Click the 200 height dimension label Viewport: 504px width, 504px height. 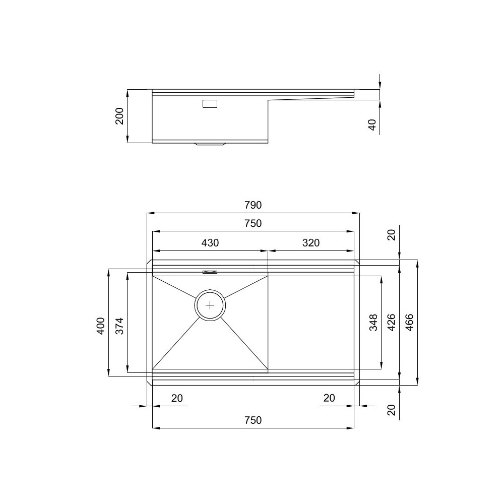pos(119,116)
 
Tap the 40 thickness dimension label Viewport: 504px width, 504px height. pos(372,124)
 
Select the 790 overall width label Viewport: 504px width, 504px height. pos(253,205)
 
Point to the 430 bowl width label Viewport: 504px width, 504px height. pos(210,242)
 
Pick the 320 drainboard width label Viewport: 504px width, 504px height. pos(311,242)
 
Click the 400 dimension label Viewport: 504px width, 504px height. pos(100,326)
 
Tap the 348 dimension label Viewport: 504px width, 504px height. pos(373,323)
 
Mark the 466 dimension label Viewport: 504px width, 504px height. pos(410,323)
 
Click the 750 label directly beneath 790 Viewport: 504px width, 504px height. pos(253,224)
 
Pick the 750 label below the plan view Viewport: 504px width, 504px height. pos(253,420)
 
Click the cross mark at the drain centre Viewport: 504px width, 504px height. pos(210,305)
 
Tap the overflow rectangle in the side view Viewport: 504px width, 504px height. pos(210,104)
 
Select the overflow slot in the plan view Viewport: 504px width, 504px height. pos(210,272)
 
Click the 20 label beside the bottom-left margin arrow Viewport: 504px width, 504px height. pos(177,398)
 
